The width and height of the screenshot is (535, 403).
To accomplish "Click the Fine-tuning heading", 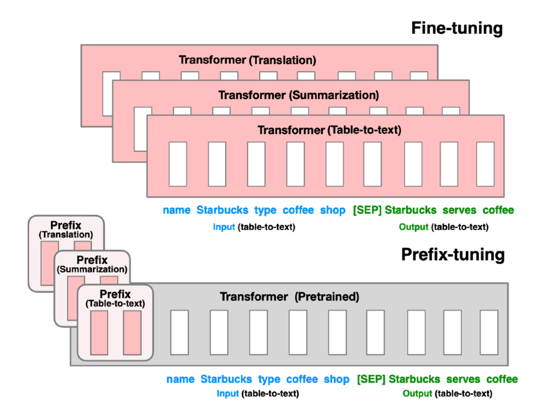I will pyautogui.click(x=457, y=29).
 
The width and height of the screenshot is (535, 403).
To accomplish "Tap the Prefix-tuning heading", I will pyautogui.click(x=452, y=255).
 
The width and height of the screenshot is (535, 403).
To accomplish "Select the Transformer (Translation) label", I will pyautogui.click(x=247, y=60).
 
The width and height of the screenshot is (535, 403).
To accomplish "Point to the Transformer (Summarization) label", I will pyautogui.click(x=299, y=94).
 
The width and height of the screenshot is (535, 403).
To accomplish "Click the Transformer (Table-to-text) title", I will pyautogui.click(x=329, y=130).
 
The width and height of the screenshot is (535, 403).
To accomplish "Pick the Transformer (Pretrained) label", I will pyautogui.click(x=289, y=297).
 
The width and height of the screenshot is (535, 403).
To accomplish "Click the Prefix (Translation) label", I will pyautogui.click(x=65, y=230).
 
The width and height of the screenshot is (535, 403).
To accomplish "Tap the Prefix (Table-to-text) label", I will pyautogui.click(x=115, y=298).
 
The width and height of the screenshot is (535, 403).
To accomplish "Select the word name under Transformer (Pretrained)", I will pyautogui.click(x=180, y=379).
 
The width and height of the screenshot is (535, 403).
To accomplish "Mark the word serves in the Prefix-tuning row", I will pyautogui.click(x=463, y=379).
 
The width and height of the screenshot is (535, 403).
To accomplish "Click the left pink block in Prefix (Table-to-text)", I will pyautogui.click(x=99, y=333).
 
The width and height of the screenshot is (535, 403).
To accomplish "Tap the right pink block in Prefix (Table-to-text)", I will pyautogui.click(x=132, y=333).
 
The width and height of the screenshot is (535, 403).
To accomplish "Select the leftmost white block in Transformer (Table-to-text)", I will pyautogui.click(x=177, y=164).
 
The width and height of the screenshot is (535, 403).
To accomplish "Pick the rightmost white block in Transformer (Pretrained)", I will pyautogui.click(x=489, y=332).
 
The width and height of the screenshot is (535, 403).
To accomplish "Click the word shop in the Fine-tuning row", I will pyautogui.click(x=333, y=210).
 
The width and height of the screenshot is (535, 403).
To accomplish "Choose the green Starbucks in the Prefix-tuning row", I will pyautogui.click(x=414, y=379).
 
